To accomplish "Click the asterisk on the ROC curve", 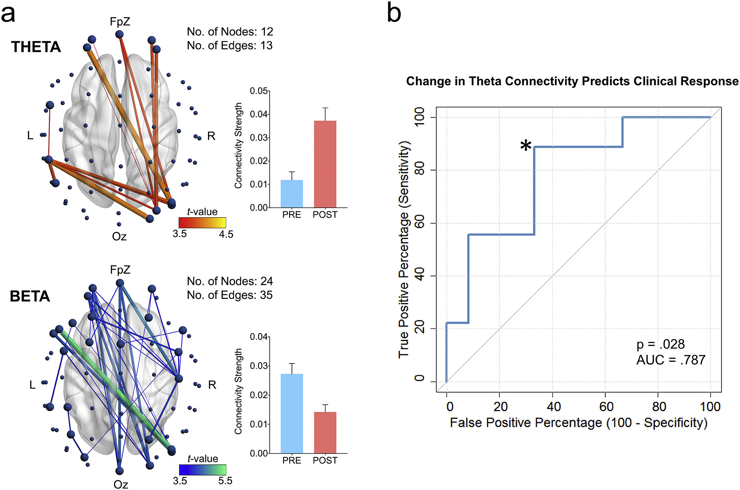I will tap(526, 146).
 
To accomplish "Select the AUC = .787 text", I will tap(671, 360).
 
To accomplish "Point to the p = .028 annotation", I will tap(660, 344).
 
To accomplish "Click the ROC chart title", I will tap(572, 81).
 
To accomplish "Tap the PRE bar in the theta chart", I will tap(292, 194).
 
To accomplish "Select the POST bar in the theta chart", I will tap(325, 164).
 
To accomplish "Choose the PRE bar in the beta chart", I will tap(292, 414).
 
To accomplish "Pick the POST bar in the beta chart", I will tap(325, 432).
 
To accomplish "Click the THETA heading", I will tap(36, 47).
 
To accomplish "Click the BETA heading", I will tap(30, 296).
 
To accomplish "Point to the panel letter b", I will tap(394, 14).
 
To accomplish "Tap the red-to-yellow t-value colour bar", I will tap(202, 223).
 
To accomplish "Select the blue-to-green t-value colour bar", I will tap(202, 470).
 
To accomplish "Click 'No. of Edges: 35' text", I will tap(229, 295).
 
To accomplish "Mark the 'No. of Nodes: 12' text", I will tap(230, 32).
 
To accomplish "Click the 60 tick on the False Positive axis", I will tap(606, 407).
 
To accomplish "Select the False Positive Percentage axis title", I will tap(578, 423).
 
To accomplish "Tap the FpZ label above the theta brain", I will tap(120, 22).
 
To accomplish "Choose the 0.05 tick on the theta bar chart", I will tap(259, 91).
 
